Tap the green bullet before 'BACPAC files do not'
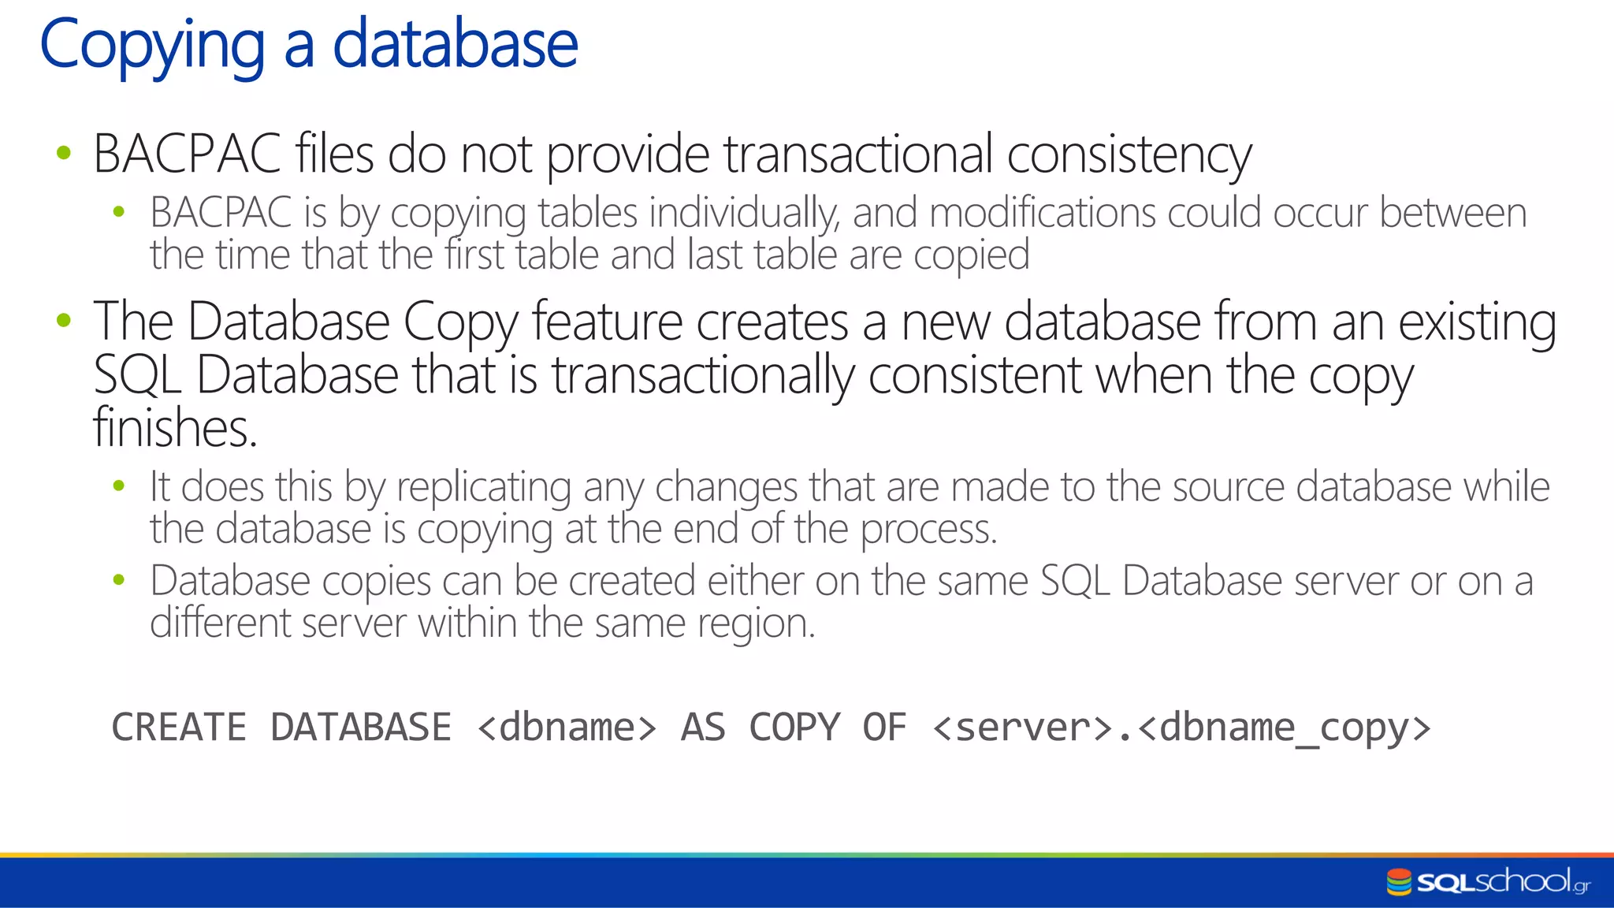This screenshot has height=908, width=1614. click(x=64, y=153)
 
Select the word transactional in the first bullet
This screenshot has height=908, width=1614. click(x=858, y=154)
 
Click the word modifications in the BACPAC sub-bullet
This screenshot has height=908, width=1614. click(x=1041, y=214)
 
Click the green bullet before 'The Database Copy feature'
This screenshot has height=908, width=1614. click(x=64, y=321)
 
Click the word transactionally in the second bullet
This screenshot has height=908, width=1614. click(x=702, y=376)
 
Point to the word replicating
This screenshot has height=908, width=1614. click(x=484, y=487)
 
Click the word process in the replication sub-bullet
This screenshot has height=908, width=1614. click(x=928, y=530)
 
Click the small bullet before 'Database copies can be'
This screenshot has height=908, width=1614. click(x=119, y=581)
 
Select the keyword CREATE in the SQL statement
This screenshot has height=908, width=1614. click(x=179, y=727)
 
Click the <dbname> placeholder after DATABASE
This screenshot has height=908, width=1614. click(x=567, y=727)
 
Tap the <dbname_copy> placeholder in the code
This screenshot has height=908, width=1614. click(x=1284, y=727)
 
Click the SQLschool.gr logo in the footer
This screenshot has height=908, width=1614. click(x=1488, y=881)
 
